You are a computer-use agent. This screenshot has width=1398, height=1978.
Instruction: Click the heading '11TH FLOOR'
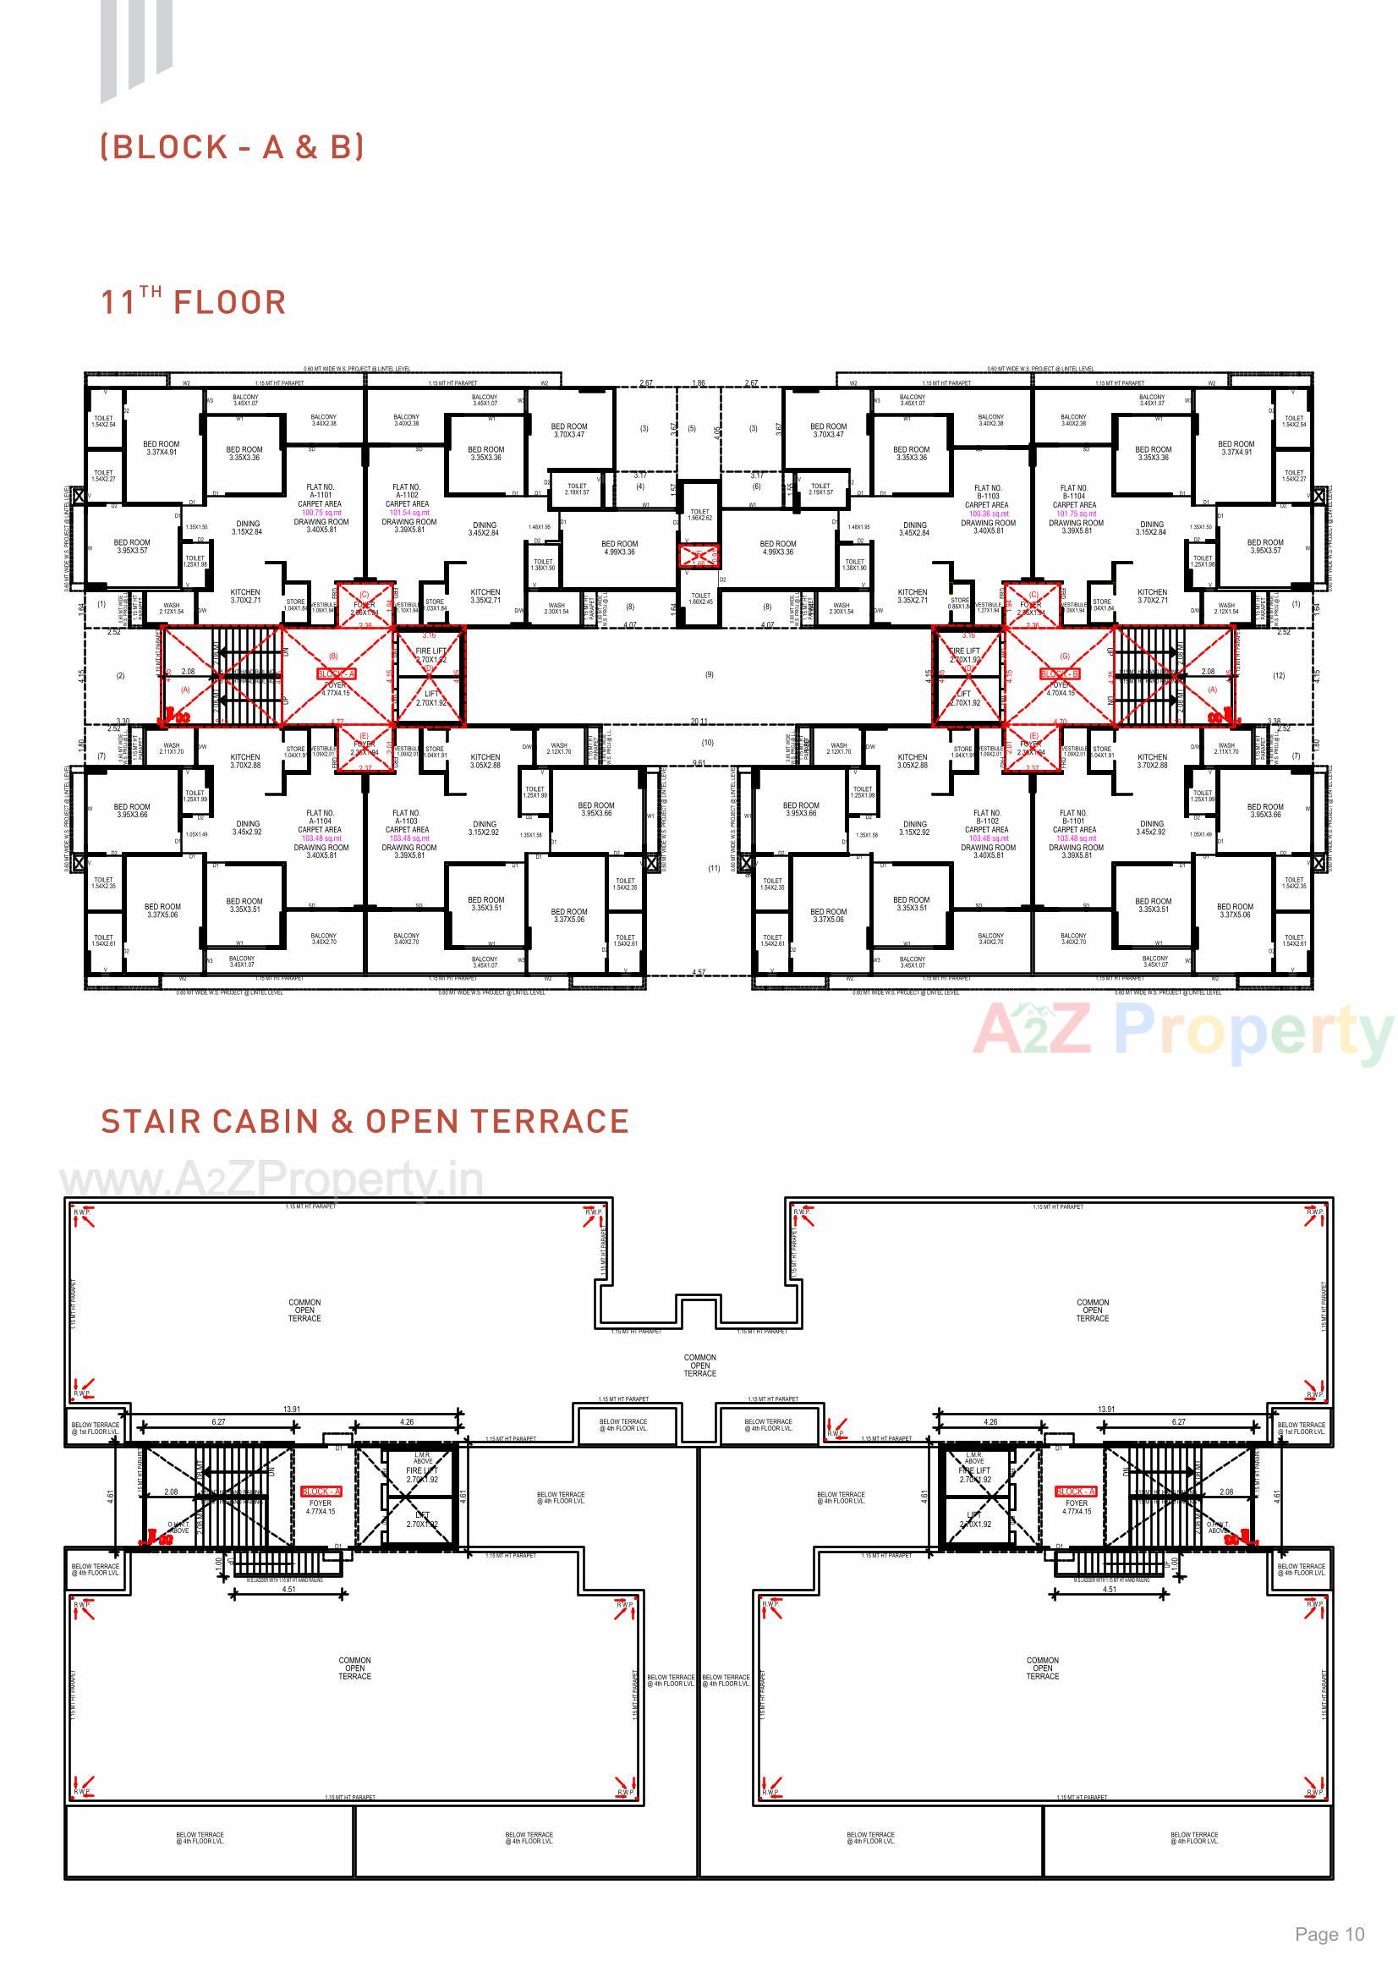pos(193,302)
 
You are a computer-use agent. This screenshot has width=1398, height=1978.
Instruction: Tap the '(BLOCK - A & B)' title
pos(233,147)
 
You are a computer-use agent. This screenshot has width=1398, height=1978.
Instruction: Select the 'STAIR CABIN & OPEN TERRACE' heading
pos(365,1122)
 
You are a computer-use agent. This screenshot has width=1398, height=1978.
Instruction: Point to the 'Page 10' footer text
pos(1329,1934)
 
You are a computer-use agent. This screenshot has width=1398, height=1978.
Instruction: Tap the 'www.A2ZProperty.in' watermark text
pos(271,1180)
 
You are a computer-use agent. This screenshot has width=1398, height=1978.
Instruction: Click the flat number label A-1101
pos(320,496)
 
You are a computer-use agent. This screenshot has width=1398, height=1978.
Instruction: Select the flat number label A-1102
pos(407,496)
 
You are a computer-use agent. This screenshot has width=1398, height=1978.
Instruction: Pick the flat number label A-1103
pos(407,821)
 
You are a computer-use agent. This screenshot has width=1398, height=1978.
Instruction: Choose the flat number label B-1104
pos(1074,497)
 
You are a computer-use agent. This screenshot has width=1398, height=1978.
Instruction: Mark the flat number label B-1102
pos(987,821)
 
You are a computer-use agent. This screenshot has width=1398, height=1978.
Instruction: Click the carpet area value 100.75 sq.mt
pos(320,513)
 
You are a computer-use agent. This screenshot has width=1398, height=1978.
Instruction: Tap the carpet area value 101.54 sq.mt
pos(408,513)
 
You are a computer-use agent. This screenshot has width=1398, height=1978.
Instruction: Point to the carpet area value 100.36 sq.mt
pos(988,514)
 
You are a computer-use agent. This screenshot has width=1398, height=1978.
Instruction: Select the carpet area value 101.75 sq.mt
pos(1076,514)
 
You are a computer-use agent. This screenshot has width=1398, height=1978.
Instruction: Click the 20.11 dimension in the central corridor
pos(699,722)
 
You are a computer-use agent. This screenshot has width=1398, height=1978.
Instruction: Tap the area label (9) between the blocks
pos(709,674)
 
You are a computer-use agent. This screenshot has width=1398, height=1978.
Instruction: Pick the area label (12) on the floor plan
pos(1278,675)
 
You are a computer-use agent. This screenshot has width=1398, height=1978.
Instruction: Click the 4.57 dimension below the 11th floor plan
pos(699,973)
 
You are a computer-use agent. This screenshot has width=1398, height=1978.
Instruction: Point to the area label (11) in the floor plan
pos(713,868)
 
